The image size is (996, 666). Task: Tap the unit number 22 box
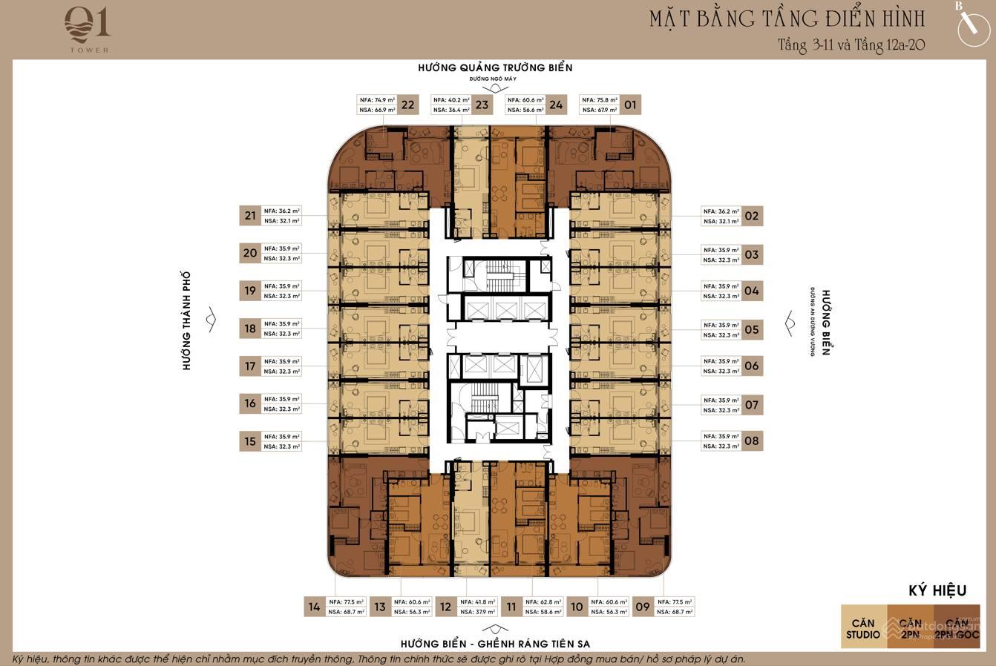click(407, 105)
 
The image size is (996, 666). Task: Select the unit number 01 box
click(630, 105)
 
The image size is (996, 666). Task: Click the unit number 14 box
click(314, 607)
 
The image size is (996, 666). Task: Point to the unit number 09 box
click(643, 607)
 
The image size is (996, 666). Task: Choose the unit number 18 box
click(250, 329)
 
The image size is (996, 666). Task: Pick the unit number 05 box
click(752, 329)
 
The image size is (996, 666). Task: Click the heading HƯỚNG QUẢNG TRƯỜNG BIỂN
click(495, 67)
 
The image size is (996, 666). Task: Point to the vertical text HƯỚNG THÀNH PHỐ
click(187, 320)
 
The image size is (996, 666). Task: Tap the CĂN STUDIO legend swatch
click(863, 628)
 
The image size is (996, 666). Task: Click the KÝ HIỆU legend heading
click(937, 590)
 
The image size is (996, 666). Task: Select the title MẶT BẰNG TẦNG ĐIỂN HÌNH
click(787, 19)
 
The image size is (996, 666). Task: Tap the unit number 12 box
click(445, 607)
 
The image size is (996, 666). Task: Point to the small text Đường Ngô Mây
click(492, 79)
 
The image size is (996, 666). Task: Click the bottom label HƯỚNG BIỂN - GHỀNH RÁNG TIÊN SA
click(494, 643)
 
